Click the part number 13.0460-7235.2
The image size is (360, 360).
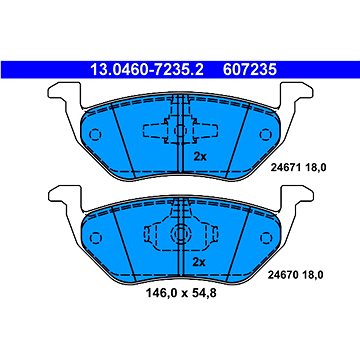click(147, 70)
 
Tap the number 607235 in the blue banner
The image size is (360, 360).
click(250, 70)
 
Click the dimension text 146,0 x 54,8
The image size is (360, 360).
click(181, 294)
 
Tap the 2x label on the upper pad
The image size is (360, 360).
click(200, 157)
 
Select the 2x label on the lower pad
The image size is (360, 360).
click(199, 262)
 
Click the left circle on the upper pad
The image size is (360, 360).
click(95, 135)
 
